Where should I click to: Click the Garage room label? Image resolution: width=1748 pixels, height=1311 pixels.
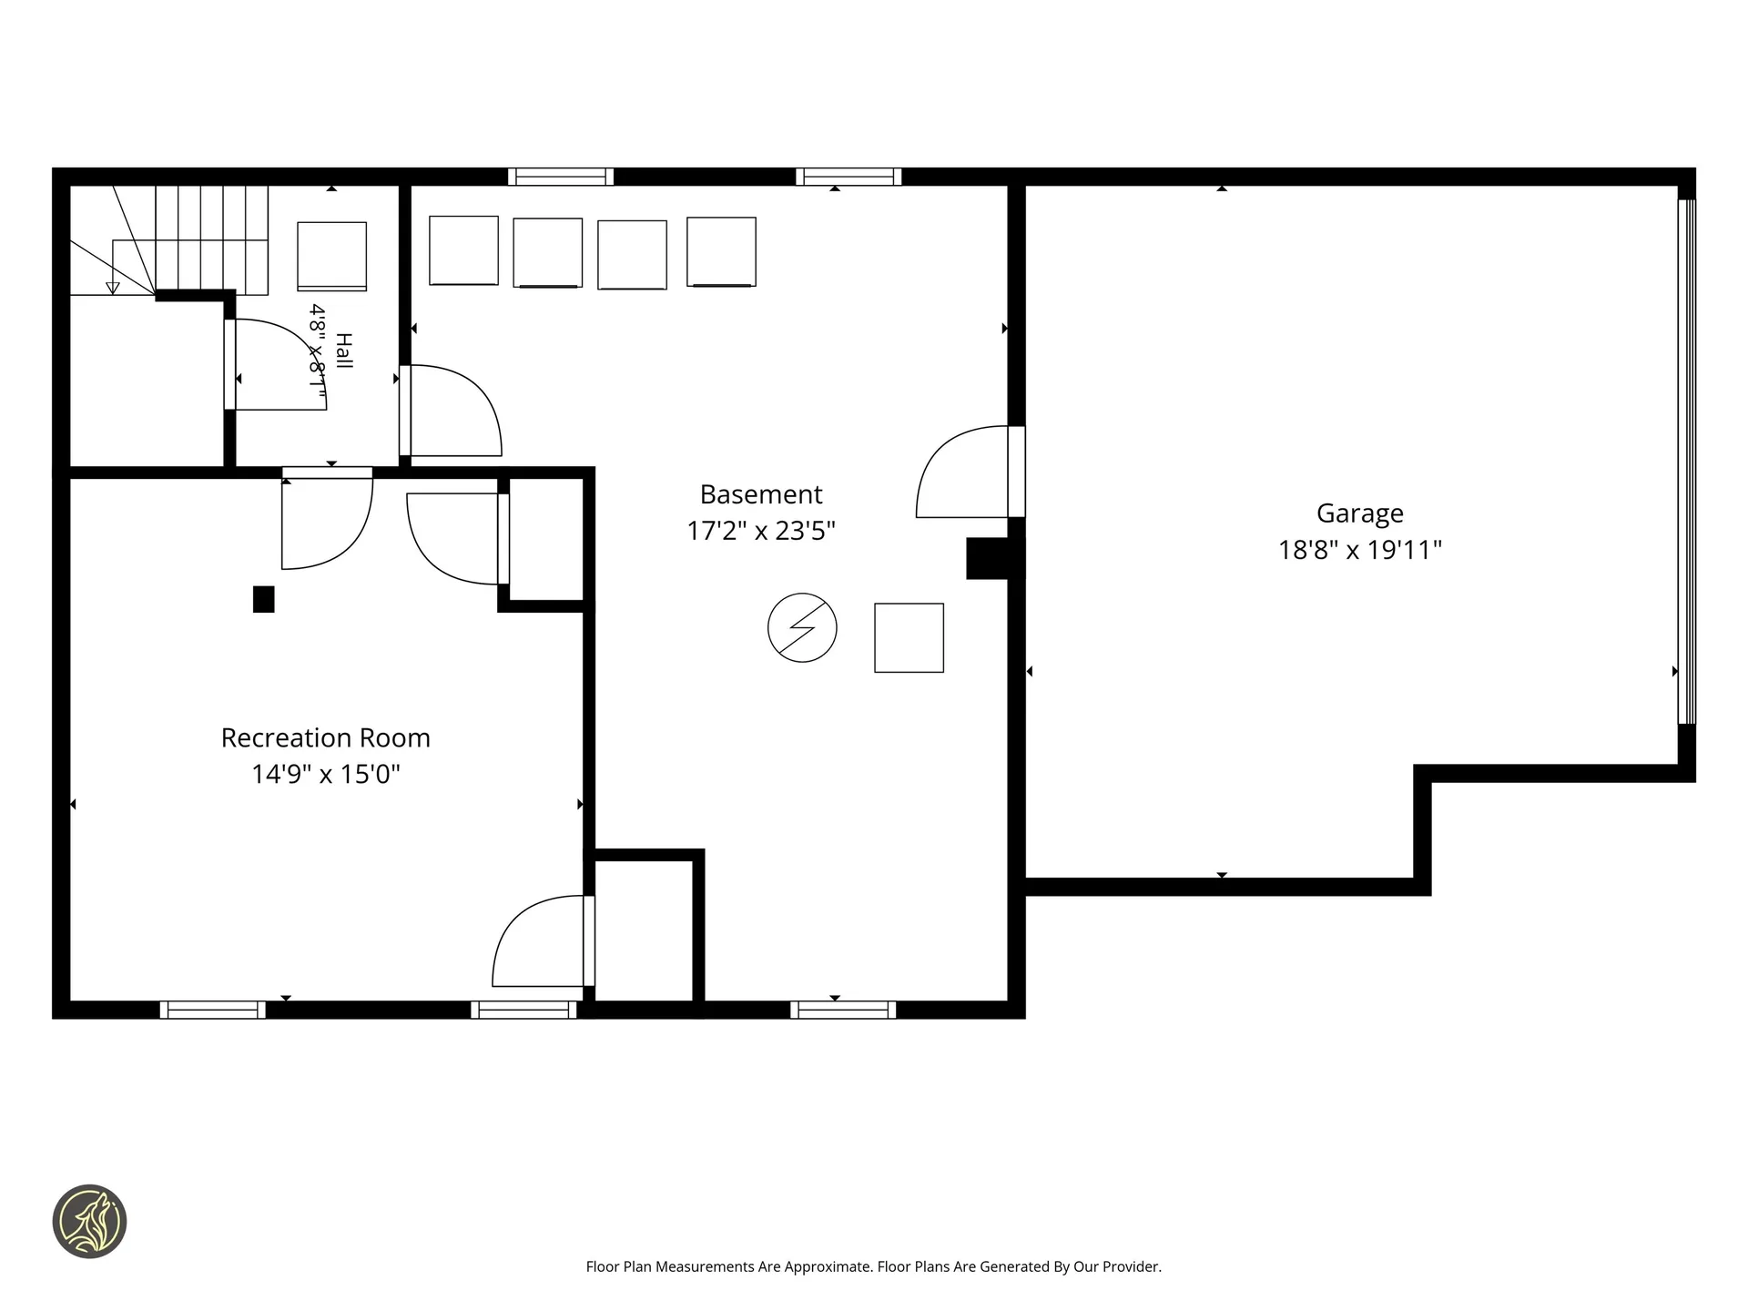click(1360, 514)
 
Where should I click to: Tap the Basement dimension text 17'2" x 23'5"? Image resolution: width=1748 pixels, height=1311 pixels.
click(761, 531)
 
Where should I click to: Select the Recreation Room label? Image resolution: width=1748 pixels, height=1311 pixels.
click(326, 737)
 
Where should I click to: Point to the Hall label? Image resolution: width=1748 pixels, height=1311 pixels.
click(343, 351)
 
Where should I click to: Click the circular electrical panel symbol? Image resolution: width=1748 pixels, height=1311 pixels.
click(802, 627)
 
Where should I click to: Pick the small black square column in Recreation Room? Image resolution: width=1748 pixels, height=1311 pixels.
click(263, 599)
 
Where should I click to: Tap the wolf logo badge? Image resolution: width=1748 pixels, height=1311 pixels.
click(89, 1222)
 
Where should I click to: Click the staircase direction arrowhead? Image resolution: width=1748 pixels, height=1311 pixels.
click(113, 288)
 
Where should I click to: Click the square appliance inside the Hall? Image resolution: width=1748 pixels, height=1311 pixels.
click(332, 257)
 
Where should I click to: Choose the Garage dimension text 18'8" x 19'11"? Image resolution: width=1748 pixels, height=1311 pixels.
click(1360, 550)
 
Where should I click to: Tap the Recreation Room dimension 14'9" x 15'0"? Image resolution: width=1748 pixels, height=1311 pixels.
click(326, 774)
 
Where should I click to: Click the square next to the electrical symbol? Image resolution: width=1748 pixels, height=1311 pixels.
click(909, 637)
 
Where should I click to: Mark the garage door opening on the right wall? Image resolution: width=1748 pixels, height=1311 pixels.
click(1687, 462)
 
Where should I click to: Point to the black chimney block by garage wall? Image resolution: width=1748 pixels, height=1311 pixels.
click(995, 558)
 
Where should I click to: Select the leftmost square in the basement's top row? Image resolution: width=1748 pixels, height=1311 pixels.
click(463, 250)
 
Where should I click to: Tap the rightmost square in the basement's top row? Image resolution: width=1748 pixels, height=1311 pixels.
click(721, 252)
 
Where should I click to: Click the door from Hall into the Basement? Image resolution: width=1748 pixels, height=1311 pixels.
click(451, 411)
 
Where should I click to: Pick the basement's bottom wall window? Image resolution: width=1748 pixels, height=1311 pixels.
click(843, 1010)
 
